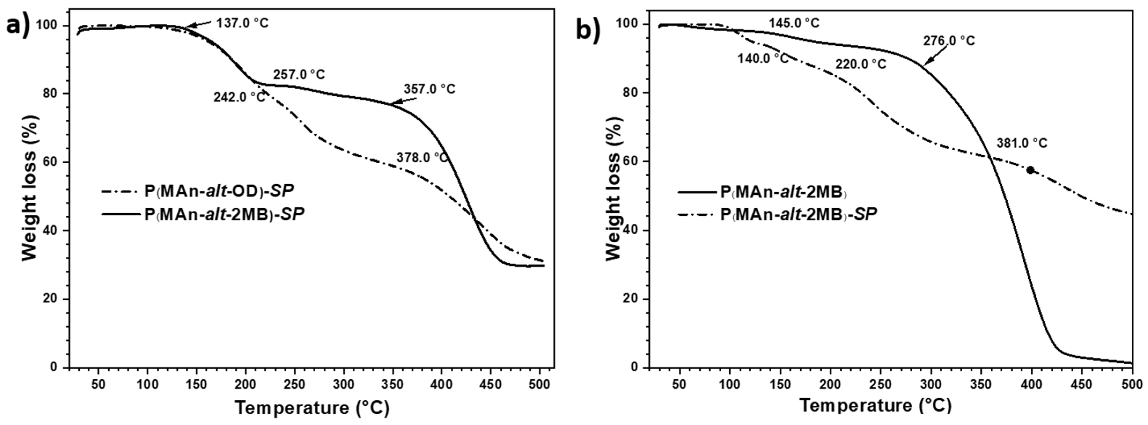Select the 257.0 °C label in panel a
click(299, 74)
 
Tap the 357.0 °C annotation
click(430, 89)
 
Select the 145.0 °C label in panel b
click(794, 23)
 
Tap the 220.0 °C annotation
click(861, 64)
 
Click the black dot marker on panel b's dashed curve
click(1030, 170)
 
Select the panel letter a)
click(18, 26)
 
